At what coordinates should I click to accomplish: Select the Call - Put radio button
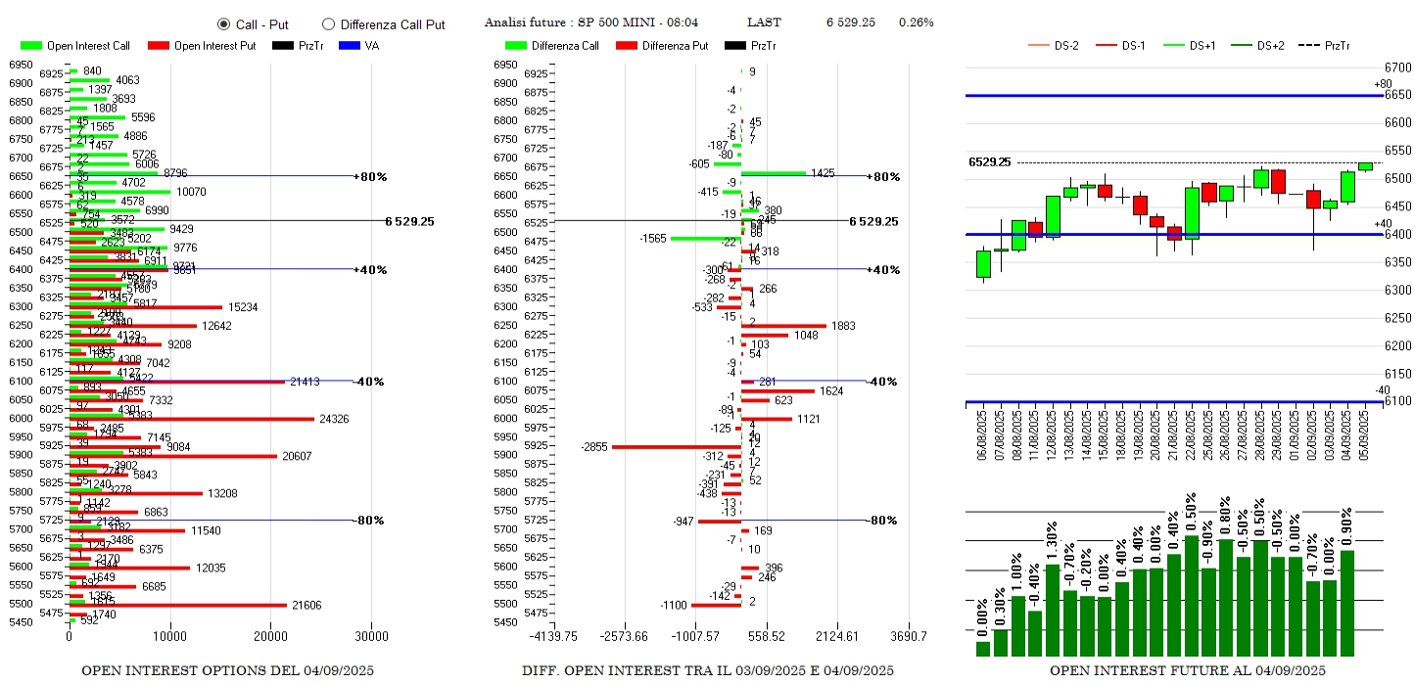pos(223,24)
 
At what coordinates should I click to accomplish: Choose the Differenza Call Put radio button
pos(328,24)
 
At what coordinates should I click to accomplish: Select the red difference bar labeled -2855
pos(676,447)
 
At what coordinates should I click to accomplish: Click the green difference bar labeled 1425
pos(774,173)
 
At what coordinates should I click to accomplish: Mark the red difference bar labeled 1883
pos(783,326)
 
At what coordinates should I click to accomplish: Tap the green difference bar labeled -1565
pos(705,238)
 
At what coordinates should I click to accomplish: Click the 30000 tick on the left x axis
pos(371,636)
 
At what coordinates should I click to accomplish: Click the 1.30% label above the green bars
pos(1053,544)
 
